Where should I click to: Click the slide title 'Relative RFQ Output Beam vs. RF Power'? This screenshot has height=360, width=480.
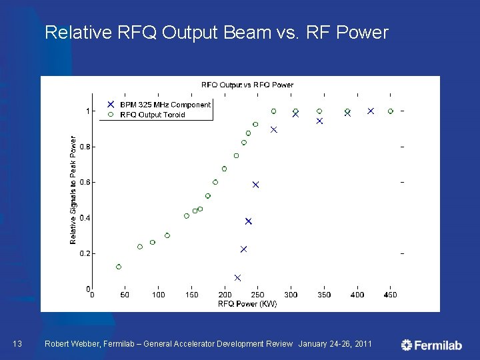point(216,33)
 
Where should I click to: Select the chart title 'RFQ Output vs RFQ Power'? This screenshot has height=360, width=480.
point(247,85)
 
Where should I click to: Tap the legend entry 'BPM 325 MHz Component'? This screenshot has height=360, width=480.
point(165,105)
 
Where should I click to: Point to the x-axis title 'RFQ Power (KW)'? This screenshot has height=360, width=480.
point(247,304)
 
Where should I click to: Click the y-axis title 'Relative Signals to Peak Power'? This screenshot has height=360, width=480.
point(73,190)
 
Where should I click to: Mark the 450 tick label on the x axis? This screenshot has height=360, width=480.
point(390,295)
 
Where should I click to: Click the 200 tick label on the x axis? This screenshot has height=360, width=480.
point(225,295)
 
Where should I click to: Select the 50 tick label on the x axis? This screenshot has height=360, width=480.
point(125,295)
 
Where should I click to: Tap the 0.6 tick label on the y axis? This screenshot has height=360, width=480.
point(85,182)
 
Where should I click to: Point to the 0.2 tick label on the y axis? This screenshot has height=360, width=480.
point(85,253)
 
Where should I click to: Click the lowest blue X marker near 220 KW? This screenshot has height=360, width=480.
point(237,278)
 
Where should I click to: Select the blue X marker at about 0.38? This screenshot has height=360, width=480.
point(249,221)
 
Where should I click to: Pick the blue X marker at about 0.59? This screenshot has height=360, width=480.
point(255,185)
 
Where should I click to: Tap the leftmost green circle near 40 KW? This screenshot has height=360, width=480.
point(119,267)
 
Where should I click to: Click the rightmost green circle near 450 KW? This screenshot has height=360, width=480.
point(391,111)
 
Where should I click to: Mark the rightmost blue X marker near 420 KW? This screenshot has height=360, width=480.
point(371,111)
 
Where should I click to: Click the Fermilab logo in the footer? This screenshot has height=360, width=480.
point(431,345)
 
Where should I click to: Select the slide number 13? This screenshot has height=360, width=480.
point(18,344)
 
